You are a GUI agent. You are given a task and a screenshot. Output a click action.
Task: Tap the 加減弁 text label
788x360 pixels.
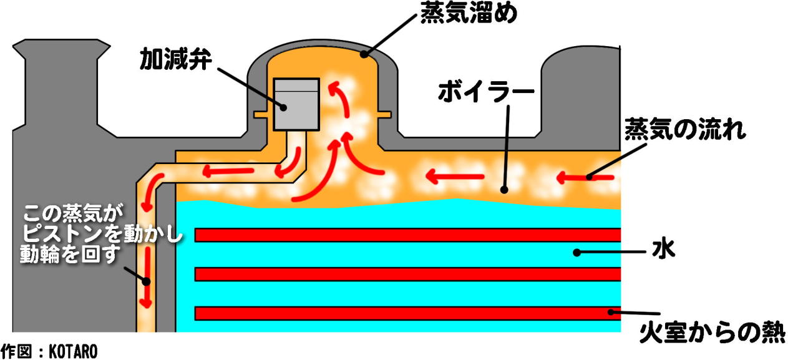click(x=176, y=59)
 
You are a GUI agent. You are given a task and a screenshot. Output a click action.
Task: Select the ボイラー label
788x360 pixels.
click(x=486, y=91)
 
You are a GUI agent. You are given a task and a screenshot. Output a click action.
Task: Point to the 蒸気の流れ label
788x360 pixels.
click(x=685, y=129)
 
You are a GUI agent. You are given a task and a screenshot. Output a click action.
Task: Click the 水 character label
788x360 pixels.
click(x=663, y=250)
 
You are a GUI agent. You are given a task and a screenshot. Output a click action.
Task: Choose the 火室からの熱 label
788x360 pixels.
click(x=712, y=333)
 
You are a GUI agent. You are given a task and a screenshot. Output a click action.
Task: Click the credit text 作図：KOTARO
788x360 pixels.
click(x=49, y=351)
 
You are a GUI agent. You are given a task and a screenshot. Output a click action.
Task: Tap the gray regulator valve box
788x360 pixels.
click(x=296, y=105)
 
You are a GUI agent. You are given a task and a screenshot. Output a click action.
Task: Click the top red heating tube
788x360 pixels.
click(x=407, y=235)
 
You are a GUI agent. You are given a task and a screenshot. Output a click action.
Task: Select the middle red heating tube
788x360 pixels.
click(x=407, y=274)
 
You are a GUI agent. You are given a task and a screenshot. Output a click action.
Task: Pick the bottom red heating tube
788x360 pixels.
click(x=407, y=313)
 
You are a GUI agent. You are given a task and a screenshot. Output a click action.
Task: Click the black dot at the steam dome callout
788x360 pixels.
click(x=364, y=54)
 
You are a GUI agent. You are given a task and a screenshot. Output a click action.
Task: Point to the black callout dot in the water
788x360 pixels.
click(x=577, y=252)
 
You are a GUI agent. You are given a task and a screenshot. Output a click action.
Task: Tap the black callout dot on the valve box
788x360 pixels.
click(x=283, y=107)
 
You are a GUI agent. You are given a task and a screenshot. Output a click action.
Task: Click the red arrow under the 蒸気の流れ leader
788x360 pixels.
click(x=585, y=178)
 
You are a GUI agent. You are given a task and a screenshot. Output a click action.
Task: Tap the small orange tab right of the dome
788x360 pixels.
click(x=384, y=114)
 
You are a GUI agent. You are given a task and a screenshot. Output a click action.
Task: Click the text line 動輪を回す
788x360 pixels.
click(x=71, y=254)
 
